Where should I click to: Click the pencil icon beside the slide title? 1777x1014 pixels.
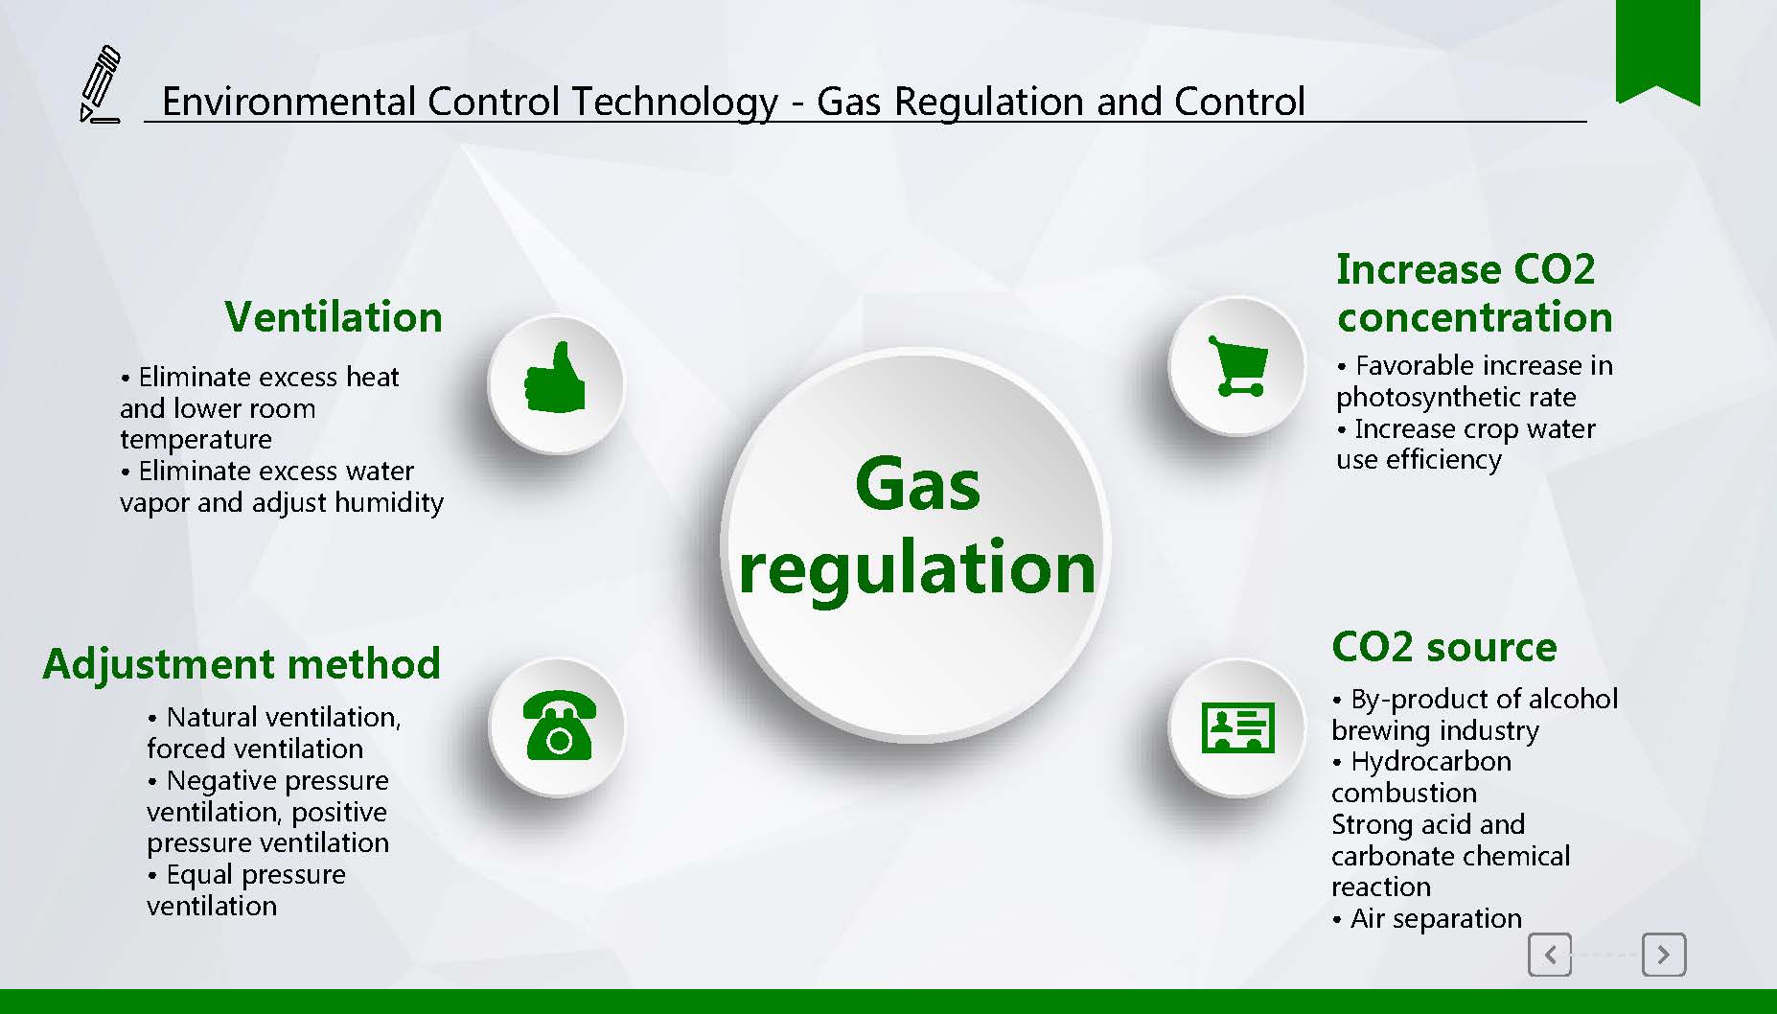pyautogui.click(x=100, y=84)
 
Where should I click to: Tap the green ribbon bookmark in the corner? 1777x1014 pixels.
pyautogui.click(x=1657, y=50)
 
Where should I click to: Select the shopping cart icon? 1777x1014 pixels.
pyautogui.click(x=1237, y=365)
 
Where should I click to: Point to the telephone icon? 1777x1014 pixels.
pyautogui.click(x=559, y=726)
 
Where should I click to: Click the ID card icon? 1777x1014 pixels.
pyautogui.click(x=1237, y=726)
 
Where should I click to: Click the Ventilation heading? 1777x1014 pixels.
pyautogui.click(x=334, y=317)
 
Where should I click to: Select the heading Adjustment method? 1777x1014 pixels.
pyautogui.click(x=242, y=664)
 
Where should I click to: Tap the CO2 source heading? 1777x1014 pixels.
pyautogui.click(x=1444, y=647)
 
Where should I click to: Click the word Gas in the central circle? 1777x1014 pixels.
pyautogui.click(x=917, y=484)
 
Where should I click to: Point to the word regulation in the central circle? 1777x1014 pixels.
pyautogui.click(x=917, y=568)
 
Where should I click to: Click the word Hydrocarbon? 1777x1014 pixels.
pyautogui.click(x=1431, y=762)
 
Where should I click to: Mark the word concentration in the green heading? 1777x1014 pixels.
pyautogui.click(x=1475, y=317)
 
